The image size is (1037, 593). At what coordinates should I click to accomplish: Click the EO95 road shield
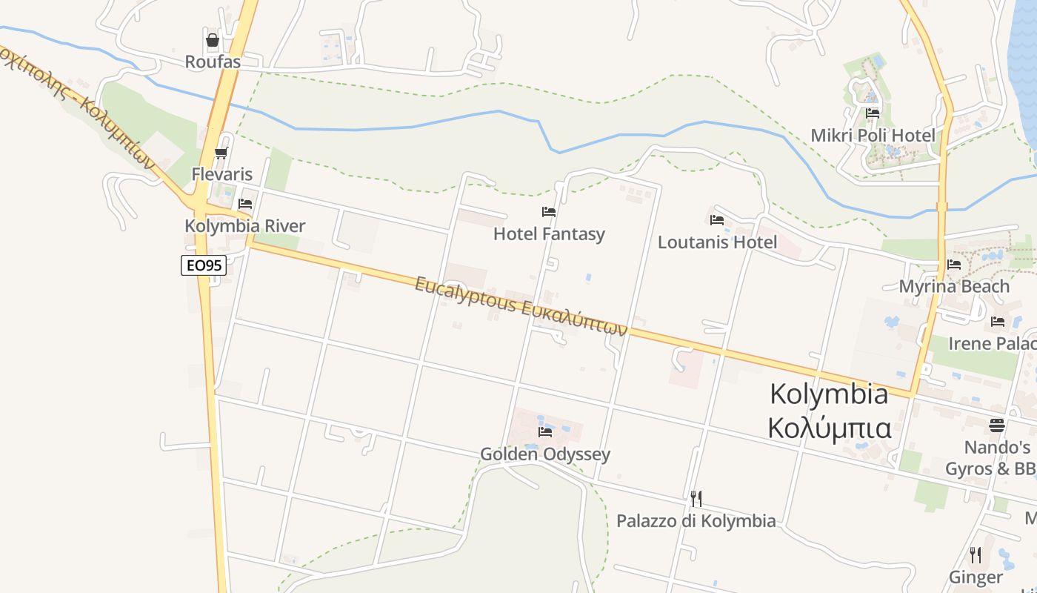click(x=204, y=265)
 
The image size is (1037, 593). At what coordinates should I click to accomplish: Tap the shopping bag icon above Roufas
click(x=213, y=40)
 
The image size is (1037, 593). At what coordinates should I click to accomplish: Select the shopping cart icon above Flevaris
click(x=221, y=153)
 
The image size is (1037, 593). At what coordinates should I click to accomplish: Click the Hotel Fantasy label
click(x=549, y=234)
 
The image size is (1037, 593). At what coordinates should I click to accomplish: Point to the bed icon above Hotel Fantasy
click(x=549, y=212)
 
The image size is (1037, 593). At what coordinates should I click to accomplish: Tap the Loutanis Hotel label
click(x=717, y=242)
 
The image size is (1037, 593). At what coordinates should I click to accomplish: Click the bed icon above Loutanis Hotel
click(x=717, y=220)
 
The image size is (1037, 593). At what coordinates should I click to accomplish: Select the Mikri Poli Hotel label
click(x=873, y=136)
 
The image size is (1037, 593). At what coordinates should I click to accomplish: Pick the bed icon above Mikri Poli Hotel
click(x=873, y=113)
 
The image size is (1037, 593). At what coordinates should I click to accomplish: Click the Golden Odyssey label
click(x=545, y=454)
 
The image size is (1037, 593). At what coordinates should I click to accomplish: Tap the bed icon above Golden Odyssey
click(x=546, y=431)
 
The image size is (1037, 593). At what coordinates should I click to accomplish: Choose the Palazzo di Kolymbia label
click(x=696, y=521)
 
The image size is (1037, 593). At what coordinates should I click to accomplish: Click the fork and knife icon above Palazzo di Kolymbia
click(x=696, y=498)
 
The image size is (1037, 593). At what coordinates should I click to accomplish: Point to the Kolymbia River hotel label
click(x=244, y=226)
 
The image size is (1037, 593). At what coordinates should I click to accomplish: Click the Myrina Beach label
click(x=954, y=286)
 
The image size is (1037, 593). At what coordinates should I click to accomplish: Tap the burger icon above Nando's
click(x=997, y=425)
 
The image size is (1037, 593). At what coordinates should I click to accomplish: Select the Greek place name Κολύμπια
click(x=830, y=428)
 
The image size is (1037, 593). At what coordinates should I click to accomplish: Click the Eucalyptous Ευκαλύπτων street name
click(x=521, y=306)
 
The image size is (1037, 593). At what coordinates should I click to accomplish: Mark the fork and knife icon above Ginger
click(x=976, y=554)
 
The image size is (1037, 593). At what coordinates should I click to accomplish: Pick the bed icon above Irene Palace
click(x=998, y=322)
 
